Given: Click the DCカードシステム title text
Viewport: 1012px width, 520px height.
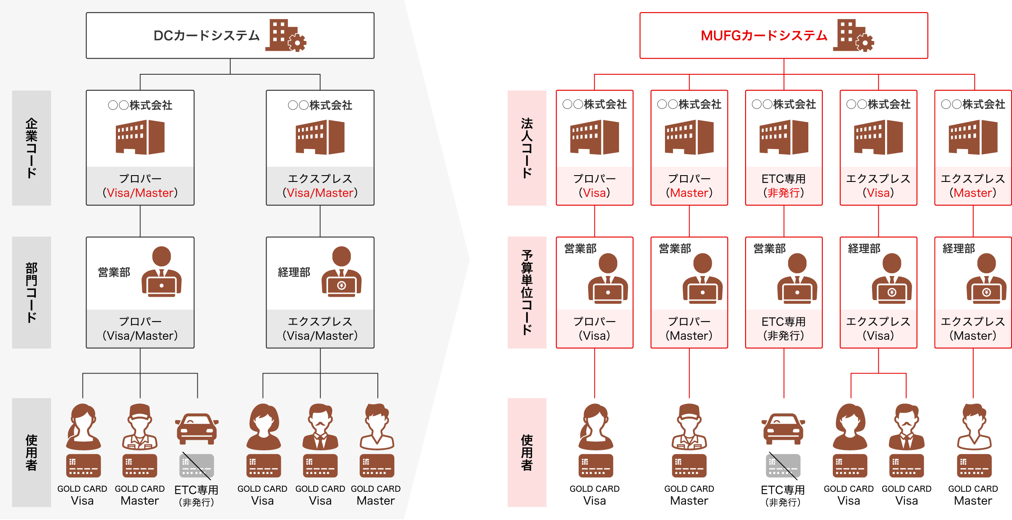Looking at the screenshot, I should coord(206,35).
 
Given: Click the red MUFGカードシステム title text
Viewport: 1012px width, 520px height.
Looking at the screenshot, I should coord(764,35).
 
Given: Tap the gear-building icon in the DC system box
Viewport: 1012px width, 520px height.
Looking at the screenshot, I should coord(286,35).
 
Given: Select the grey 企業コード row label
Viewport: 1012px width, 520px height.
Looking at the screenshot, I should coord(32,148).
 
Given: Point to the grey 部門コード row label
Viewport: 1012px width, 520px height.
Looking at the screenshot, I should coord(32,292).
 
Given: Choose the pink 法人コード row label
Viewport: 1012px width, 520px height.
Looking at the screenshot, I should coord(527,148).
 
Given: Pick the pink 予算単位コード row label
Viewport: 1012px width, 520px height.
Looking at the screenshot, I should coord(527,292).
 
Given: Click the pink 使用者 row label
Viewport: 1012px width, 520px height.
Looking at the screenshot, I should coord(527,452).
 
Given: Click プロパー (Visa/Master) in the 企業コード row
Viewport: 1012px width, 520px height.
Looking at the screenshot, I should coord(140,186).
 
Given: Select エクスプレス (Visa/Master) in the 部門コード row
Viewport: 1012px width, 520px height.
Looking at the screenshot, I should coord(320,328).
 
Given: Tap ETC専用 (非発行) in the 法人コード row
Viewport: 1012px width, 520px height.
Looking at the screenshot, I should coord(783,186).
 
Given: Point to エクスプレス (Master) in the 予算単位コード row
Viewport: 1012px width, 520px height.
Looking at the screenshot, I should coord(973,328).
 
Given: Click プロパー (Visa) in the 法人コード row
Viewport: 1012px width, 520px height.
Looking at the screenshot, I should coord(595,186).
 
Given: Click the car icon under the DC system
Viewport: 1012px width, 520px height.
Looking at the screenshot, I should coord(196,428).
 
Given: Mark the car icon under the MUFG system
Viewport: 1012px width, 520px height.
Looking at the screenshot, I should coord(783,428).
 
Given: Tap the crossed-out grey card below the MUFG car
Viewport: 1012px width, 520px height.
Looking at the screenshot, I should coord(783,466).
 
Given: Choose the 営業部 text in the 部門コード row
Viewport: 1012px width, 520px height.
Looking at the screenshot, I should coord(114,273).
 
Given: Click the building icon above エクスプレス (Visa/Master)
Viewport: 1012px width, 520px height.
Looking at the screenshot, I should coord(320,137).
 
